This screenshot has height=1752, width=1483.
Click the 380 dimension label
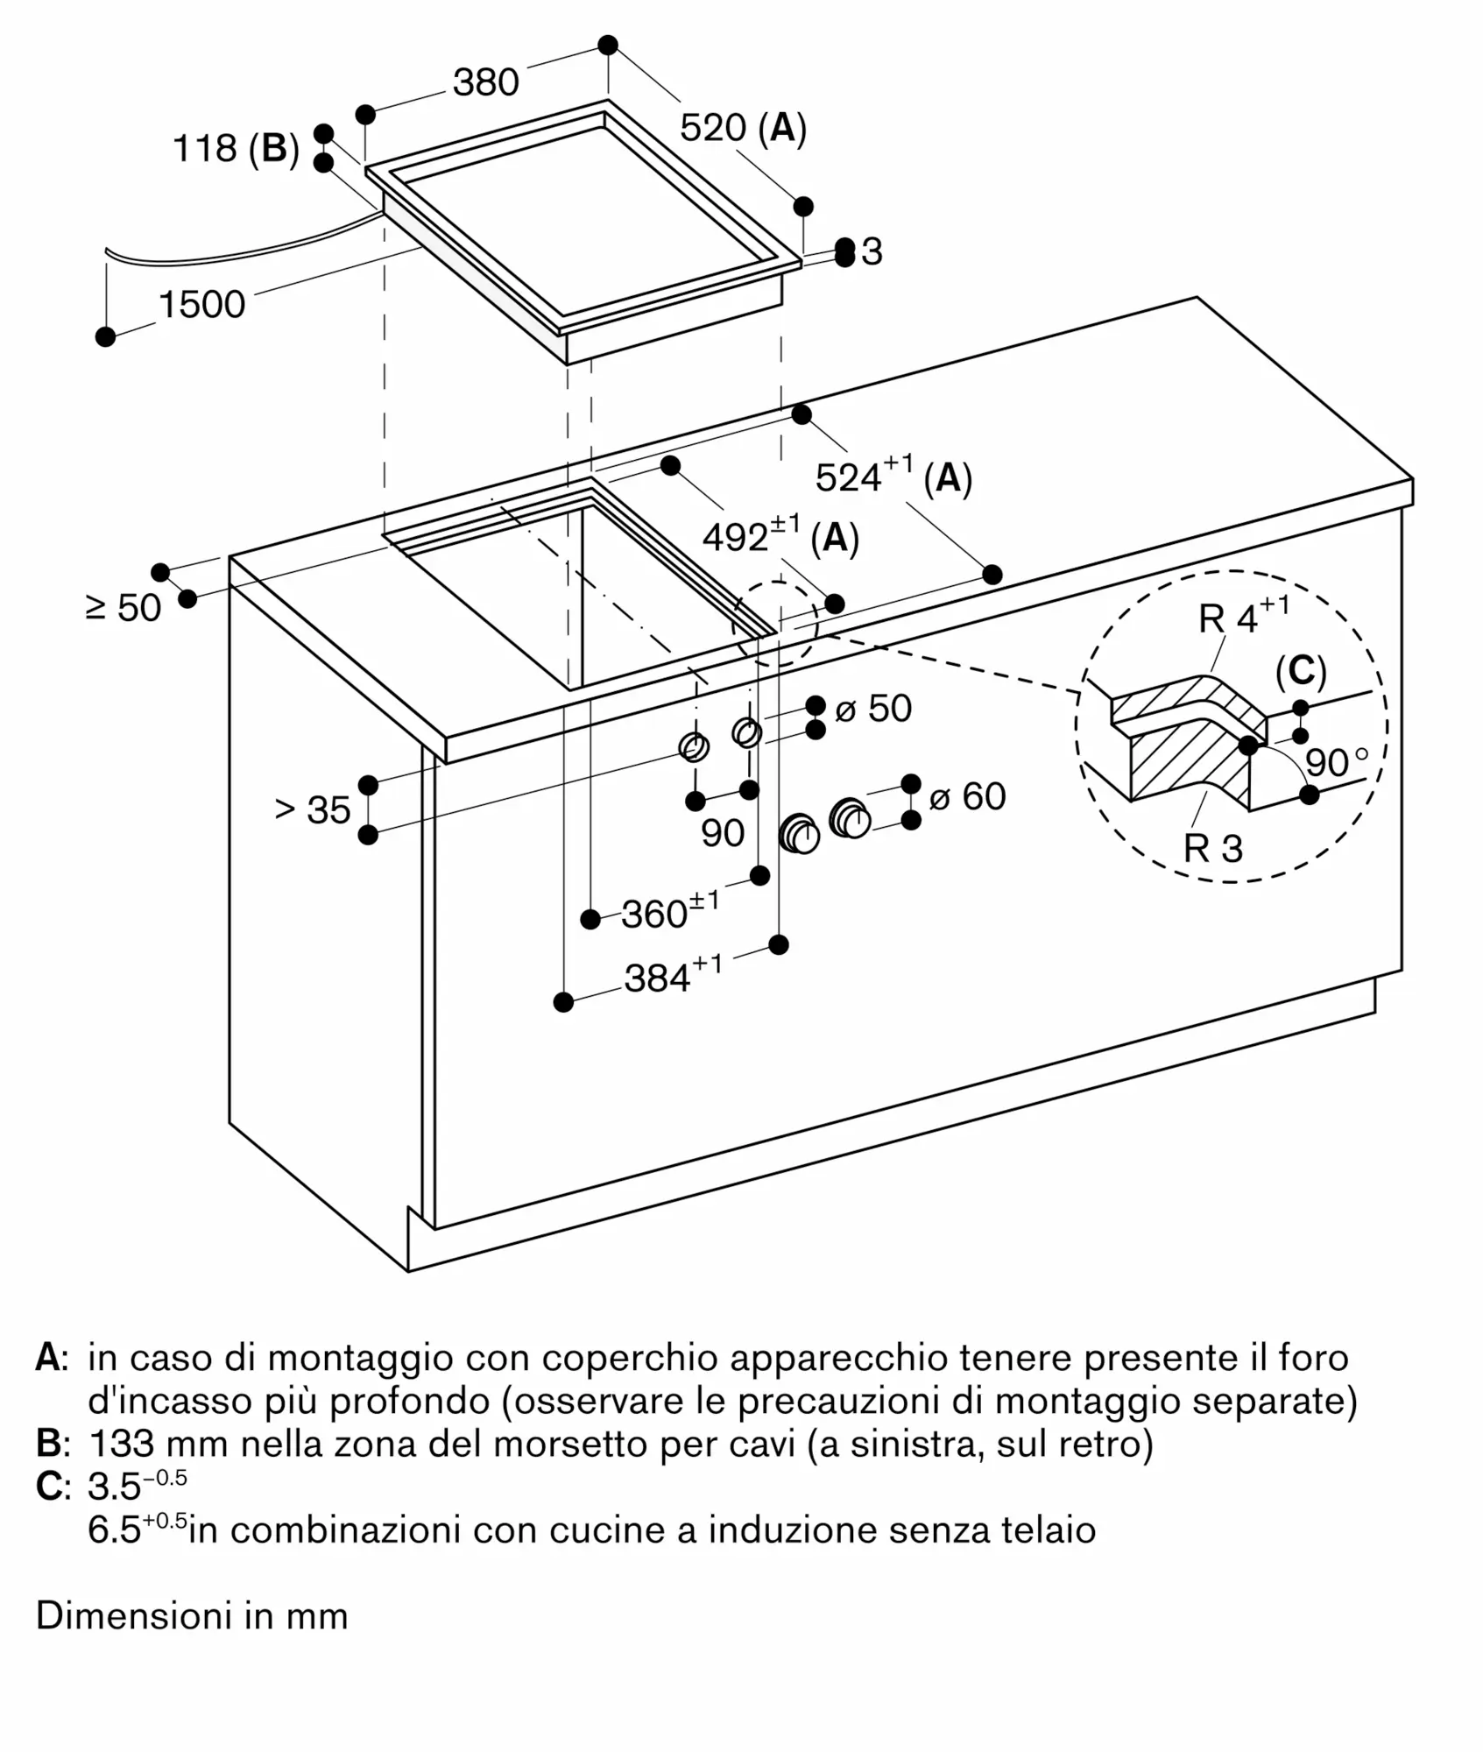[486, 82]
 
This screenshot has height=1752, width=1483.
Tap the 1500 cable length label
[201, 305]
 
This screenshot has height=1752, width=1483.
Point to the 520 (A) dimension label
[743, 128]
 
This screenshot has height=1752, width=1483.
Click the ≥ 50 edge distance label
[124, 608]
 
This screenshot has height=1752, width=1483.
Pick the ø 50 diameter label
[873, 709]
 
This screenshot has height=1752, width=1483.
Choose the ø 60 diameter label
[967, 796]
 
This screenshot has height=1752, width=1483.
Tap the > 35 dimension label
[313, 810]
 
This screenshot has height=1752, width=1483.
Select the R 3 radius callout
[1213, 848]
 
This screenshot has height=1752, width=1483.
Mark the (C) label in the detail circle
[1302, 671]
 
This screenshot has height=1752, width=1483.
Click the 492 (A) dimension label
[781, 536]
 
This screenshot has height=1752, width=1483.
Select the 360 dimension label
[670, 912]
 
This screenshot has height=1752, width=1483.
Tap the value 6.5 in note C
[114, 1530]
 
